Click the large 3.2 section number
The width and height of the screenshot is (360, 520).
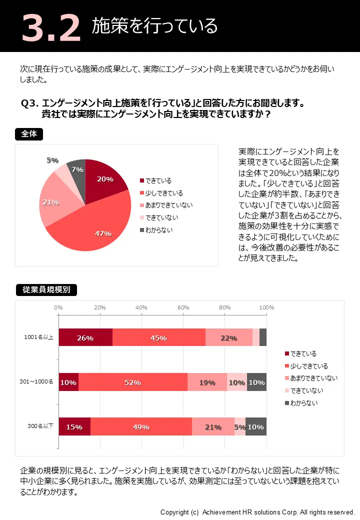pyautogui.click(x=50, y=27)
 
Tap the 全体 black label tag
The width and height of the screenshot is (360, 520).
pyautogui.click(x=29, y=134)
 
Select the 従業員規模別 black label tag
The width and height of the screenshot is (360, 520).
pyautogui.click(x=46, y=289)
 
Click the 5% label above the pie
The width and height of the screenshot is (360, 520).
pyautogui.click(x=52, y=160)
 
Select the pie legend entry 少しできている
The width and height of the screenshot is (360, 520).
pyautogui.click(x=163, y=193)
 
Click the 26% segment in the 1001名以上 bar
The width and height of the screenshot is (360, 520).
pyautogui.click(x=85, y=337)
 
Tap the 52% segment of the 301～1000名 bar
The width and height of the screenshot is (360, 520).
pyautogui.click(x=132, y=382)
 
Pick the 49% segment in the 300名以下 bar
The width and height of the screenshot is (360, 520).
pyautogui.click(x=141, y=426)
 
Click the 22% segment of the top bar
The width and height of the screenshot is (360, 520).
pyautogui.click(x=228, y=337)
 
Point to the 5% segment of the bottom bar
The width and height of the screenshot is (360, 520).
pyautogui.click(x=239, y=426)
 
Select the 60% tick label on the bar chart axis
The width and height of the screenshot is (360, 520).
pyautogui.click(x=183, y=307)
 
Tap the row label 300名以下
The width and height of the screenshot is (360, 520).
pyautogui.click(x=40, y=426)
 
